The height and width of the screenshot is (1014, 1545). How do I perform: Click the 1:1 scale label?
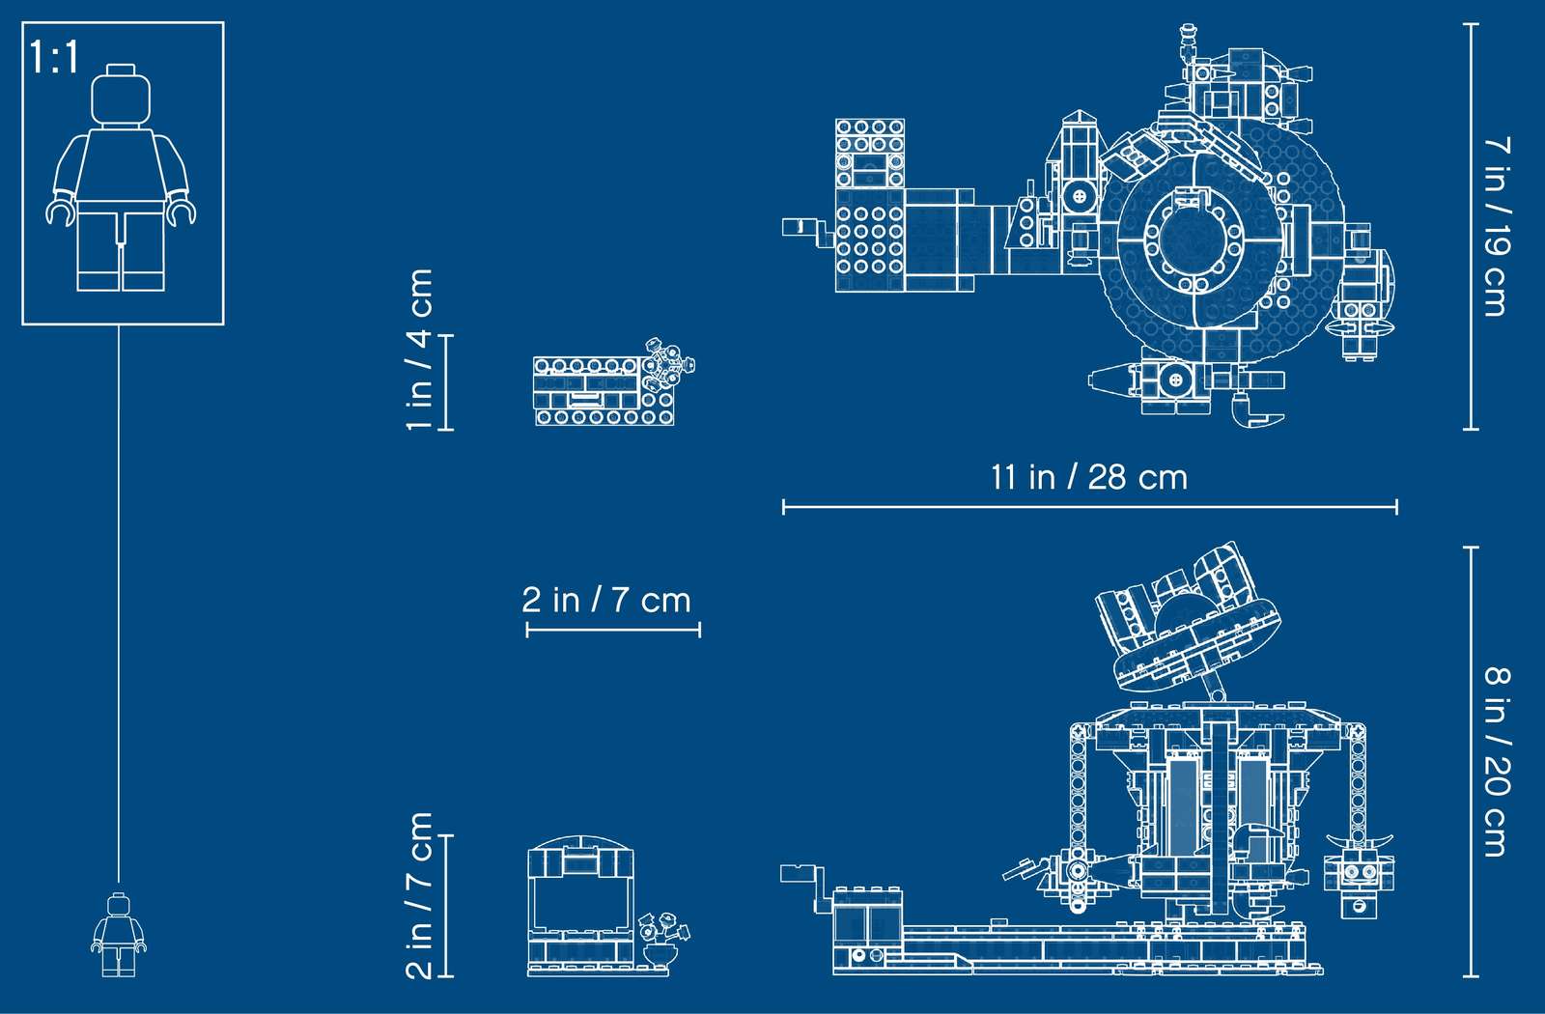[x=54, y=57]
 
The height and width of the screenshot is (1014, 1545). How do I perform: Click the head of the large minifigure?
[x=121, y=97]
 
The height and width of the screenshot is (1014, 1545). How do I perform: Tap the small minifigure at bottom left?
[x=119, y=935]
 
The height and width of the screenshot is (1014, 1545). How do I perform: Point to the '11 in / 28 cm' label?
[x=1089, y=477]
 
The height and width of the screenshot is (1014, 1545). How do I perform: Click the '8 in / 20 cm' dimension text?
[x=1497, y=761]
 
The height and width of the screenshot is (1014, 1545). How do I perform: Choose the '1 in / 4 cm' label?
[x=419, y=350]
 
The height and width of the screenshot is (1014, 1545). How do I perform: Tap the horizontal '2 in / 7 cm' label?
[x=606, y=600]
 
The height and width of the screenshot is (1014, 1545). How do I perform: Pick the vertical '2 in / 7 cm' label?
[x=419, y=895]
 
